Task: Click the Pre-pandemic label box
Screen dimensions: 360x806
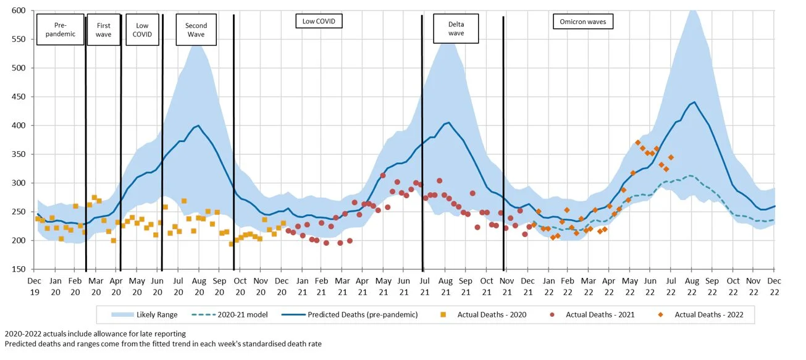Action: pyautogui.click(x=60, y=29)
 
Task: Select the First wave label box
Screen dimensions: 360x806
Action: pyautogui.click(x=104, y=29)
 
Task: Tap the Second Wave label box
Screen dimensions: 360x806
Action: pyautogui.click(x=196, y=30)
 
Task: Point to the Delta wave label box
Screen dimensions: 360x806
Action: pyautogui.click(x=456, y=28)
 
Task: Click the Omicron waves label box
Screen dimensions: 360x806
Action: pyautogui.click(x=582, y=22)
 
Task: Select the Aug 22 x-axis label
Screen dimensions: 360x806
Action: pyautogui.click(x=691, y=287)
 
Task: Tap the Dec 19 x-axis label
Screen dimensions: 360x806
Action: pyautogui.click(x=35, y=287)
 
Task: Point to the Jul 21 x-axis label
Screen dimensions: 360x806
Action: pyautogui.click(x=424, y=287)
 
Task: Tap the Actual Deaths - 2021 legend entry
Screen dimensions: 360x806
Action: pyautogui.click(x=592, y=315)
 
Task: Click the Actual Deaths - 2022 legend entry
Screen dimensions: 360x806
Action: pyautogui.click(x=702, y=315)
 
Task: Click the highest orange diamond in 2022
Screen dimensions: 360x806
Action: pyautogui.click(x=637, y=143)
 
